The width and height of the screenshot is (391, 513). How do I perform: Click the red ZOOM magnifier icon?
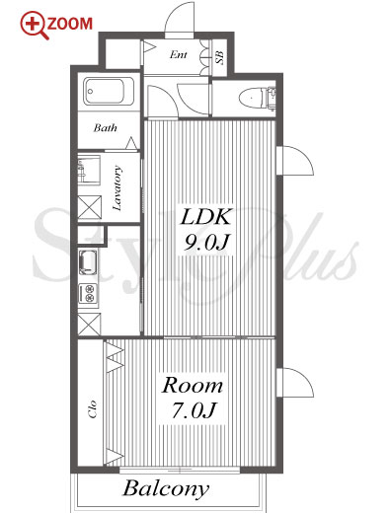33,25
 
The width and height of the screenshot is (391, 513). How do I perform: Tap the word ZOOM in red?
70,24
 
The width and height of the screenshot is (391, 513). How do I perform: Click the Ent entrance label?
179,54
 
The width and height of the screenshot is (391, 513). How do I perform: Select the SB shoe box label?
219,57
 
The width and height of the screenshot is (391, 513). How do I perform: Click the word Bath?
105,127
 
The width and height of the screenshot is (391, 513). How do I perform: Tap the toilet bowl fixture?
252,98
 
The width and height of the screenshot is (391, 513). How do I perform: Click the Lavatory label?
117,188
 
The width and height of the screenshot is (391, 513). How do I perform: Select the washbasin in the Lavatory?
89,170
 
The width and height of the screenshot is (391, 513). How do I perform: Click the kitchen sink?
88,262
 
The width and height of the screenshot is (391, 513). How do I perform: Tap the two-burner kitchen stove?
88,293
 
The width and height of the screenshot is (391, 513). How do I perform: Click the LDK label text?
204,217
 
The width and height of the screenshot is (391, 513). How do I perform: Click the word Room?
193,386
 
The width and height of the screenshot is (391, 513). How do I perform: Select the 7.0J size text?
194,410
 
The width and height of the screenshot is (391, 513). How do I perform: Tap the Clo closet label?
93,409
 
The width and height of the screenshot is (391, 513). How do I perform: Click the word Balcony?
166,489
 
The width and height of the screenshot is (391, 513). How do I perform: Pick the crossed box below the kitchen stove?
89,325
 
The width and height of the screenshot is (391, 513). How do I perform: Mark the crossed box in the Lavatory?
90,207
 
